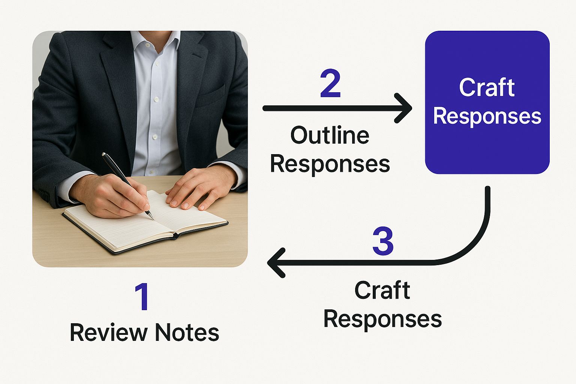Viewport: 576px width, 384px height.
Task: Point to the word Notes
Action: point(187,332)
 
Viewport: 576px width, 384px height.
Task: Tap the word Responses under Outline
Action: point(330,164)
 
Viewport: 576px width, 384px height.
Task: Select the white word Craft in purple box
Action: point(487,87)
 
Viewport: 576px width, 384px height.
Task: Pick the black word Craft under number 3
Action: point(382,290)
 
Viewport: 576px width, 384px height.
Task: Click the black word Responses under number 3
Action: point(382,319)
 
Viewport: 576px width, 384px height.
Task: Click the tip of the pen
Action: point(152,218)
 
